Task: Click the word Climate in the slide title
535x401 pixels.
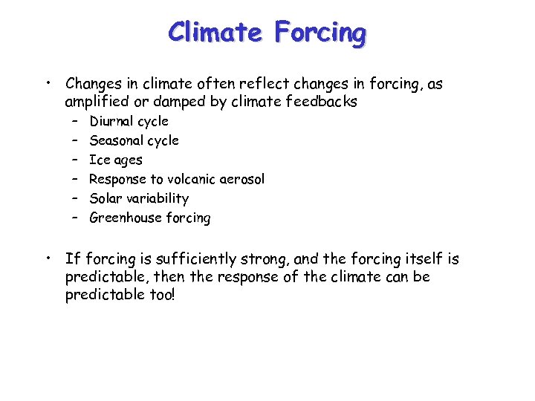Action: [x=215, y=33]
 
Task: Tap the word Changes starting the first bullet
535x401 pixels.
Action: [x=94, y=84]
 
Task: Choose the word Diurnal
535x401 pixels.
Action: [x=112, y=121]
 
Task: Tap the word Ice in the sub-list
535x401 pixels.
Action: [x=98, y=160]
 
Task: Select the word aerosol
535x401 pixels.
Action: [x=241, y=179]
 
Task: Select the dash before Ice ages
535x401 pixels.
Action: [x=76, y=160]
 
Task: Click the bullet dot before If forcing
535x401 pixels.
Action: [x=46, y=258]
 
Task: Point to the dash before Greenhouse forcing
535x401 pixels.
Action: [x=76, y=218]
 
